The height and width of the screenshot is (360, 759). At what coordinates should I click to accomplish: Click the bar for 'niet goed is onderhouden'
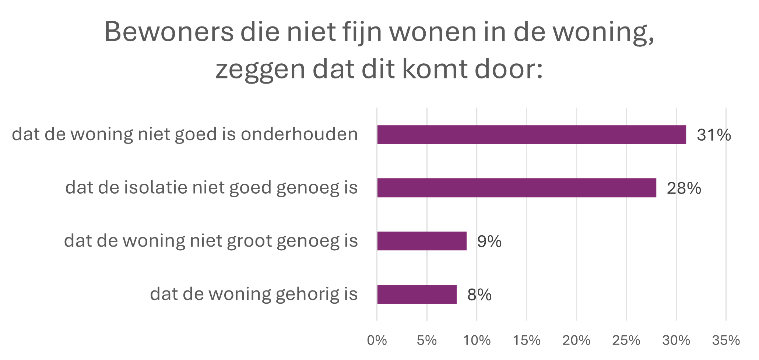tap(531, 135)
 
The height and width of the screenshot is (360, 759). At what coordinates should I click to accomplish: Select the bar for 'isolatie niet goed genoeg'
tap(517, 188)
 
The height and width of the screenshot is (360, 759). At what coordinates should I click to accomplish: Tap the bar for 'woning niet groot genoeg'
tap(422, 241)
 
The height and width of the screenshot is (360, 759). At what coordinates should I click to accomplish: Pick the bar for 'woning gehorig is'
tap(417, 294)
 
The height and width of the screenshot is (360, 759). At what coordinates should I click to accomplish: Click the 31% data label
tap(714, 135)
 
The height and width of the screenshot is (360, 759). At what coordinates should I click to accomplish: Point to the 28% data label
tap(684, 188)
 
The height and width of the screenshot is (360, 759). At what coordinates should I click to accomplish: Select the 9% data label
tap(489, 242)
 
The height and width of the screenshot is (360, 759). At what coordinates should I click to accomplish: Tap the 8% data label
tap(479, 295)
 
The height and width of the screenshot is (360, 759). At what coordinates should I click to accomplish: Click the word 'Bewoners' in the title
tap(169, 32)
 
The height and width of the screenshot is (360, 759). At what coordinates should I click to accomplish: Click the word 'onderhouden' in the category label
tap(299, 134)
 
